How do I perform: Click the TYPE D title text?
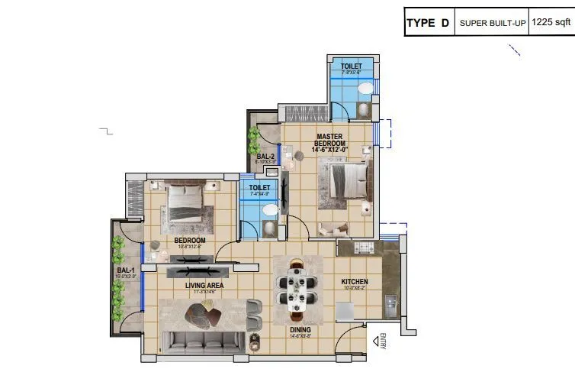tap(428, 24)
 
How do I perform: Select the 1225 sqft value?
tap(552, 24)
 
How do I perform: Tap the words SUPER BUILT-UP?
tap(491, 24)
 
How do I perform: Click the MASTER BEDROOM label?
tap(329, 143)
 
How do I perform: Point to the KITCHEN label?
tap(354, 282)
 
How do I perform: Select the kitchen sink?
tap(390, 304)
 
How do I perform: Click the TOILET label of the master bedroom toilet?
tap(352, 67)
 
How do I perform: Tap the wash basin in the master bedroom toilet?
tap(366, 89)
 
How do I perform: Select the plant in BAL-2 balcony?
tap(254, 140)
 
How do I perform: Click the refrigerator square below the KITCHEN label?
tap(345, 310)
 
